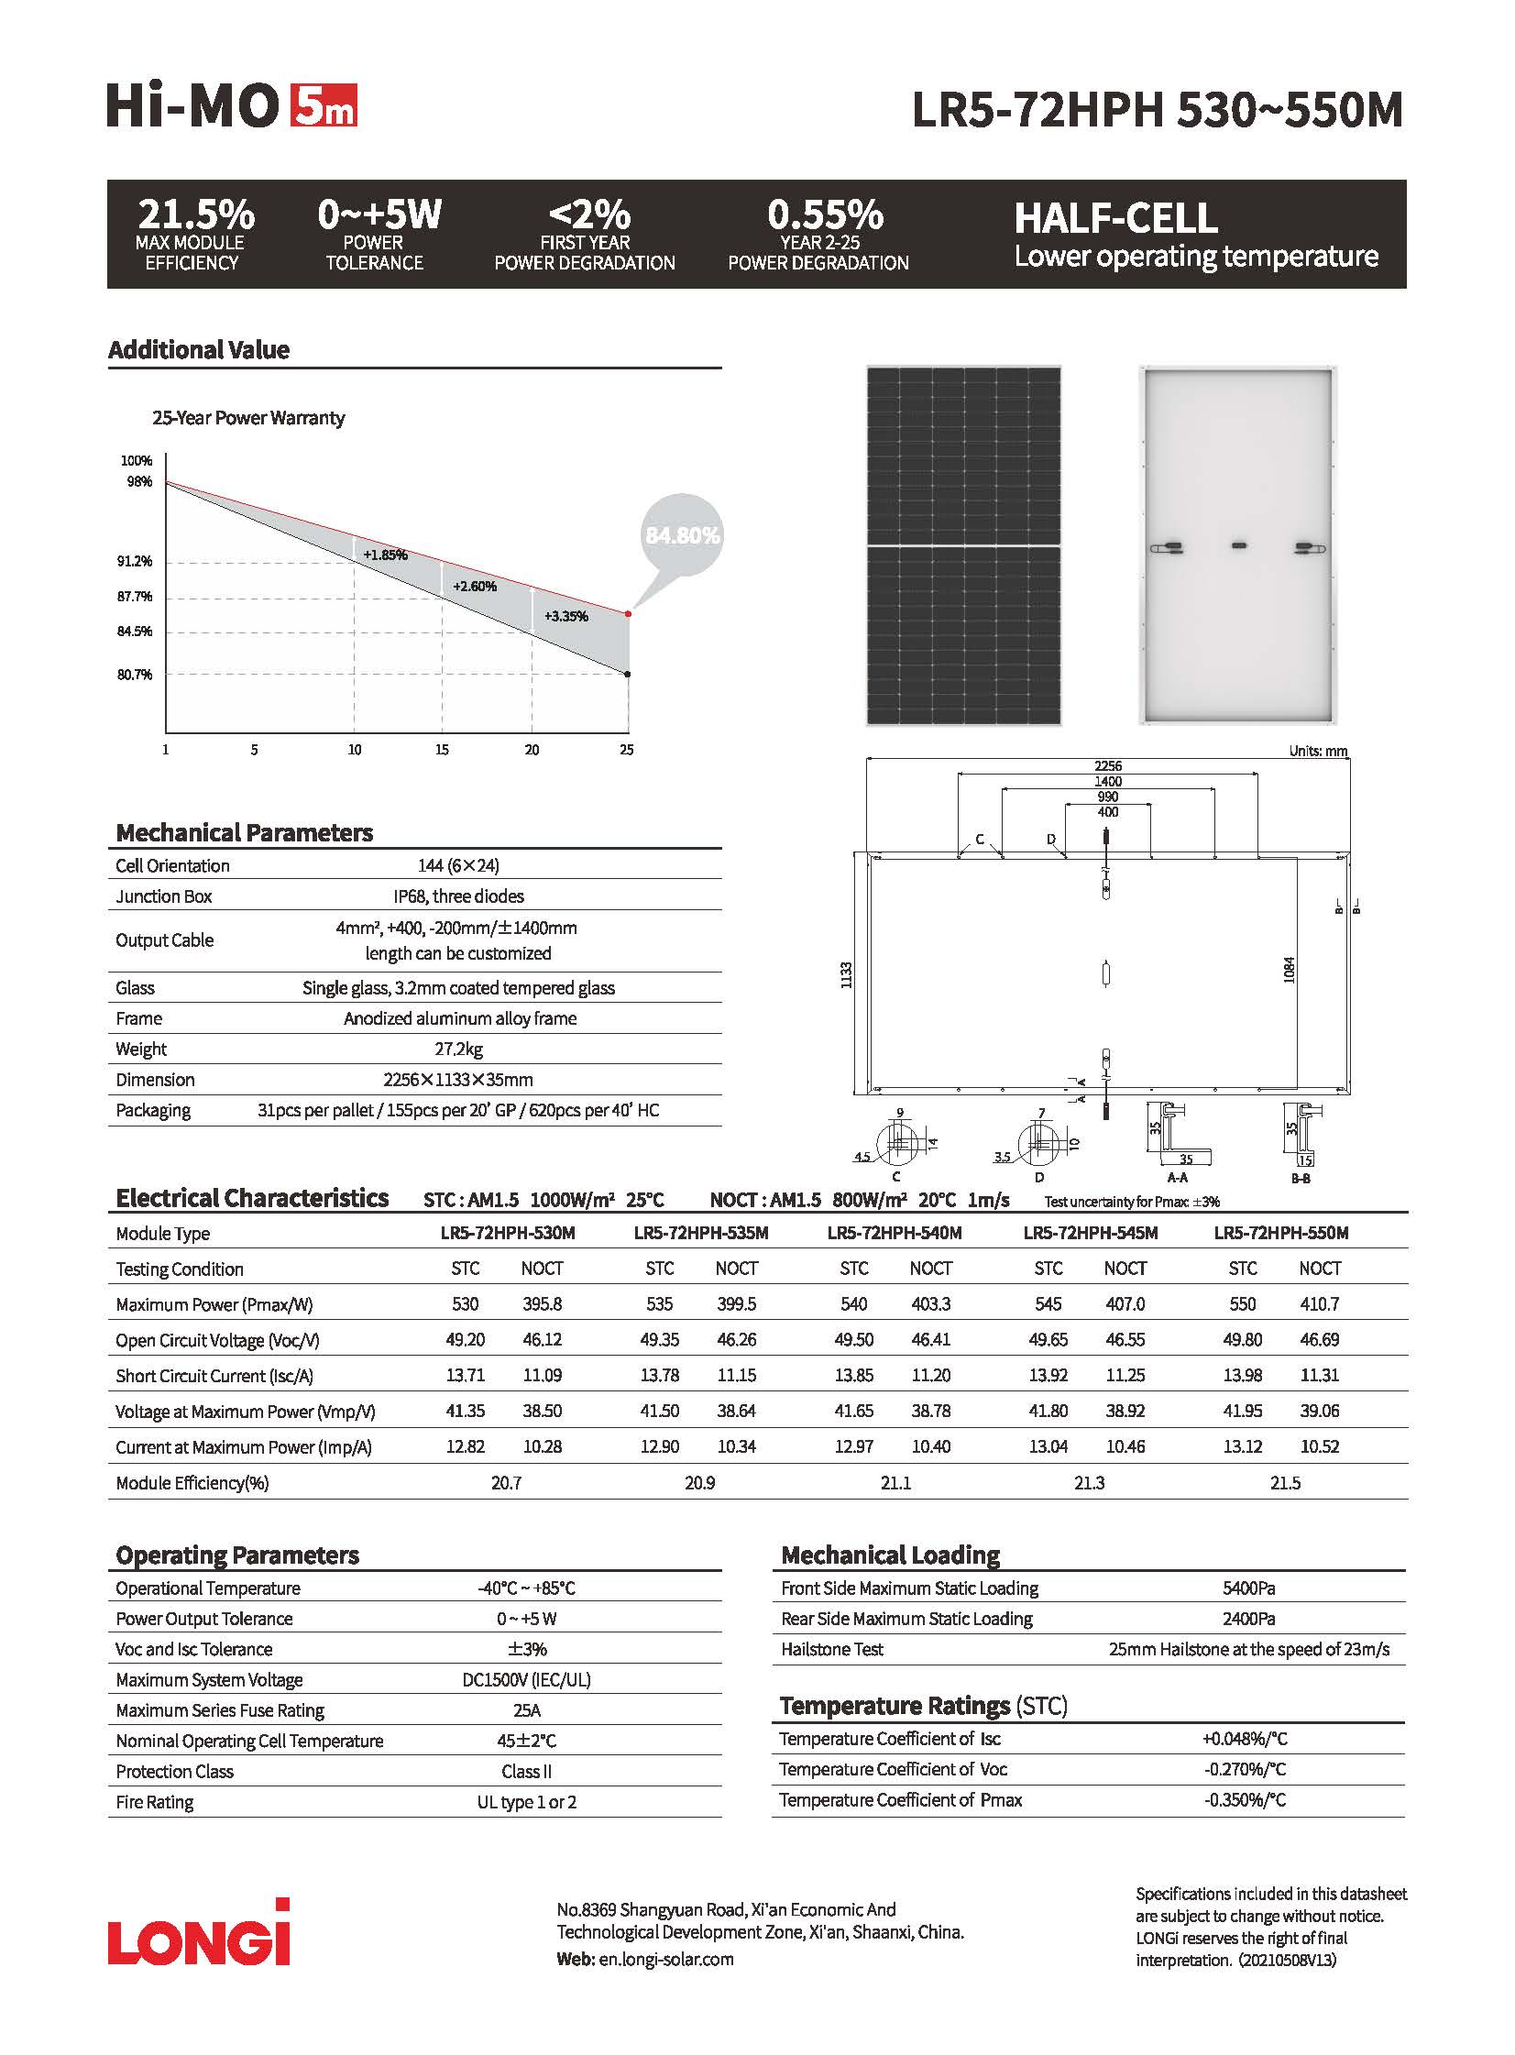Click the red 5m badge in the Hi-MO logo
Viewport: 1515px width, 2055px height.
[x=324, y=105]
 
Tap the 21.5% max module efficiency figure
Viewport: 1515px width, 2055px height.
[x=195, y=215]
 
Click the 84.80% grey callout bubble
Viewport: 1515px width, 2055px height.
[x=682, y=535]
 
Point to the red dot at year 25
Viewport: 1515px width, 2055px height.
[x=628, y=613]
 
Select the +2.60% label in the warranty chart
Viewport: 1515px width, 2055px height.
[x=474, y=586]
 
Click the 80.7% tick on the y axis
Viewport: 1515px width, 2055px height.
[x=135, y=675]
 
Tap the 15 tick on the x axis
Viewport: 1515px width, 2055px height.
[x=442, y=750]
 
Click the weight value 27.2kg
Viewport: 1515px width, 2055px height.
[x=458, y=1049]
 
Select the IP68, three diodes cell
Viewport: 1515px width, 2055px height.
[x=458, y=896]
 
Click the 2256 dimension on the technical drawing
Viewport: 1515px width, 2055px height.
[x=1108, y=765]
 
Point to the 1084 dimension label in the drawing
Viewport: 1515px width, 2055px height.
[x=1289, y=970]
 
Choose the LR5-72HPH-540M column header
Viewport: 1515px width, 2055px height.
[x=895, y=1234]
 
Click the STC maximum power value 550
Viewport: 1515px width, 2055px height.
[x=1243, y=1304]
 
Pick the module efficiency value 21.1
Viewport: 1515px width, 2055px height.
[x=895, y=1483]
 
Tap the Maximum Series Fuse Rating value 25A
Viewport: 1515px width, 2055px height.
[x=526, y=1710]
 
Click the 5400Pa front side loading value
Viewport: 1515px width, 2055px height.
[x=1248, y=1588]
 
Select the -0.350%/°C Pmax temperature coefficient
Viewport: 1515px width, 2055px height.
[x=1245, y=1800]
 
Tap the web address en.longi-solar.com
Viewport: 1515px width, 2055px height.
[x=665, y=1960]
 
